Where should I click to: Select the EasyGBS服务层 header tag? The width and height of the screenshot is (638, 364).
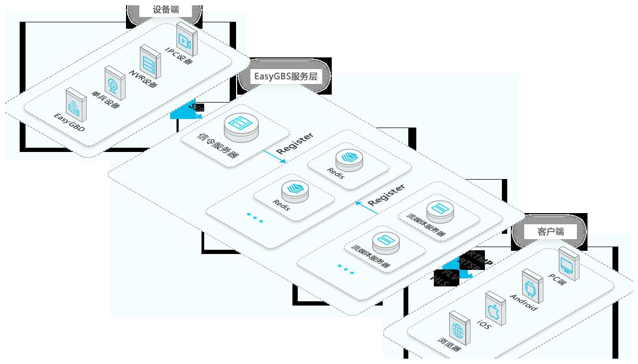coord(286,77)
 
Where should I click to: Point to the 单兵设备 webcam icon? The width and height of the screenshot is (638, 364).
coord(114,83)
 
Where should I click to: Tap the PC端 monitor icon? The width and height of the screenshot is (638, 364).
coord(569,263)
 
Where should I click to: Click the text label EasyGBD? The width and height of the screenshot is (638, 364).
coord(70,122)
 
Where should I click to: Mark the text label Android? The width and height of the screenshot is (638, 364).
coord(524,302)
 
